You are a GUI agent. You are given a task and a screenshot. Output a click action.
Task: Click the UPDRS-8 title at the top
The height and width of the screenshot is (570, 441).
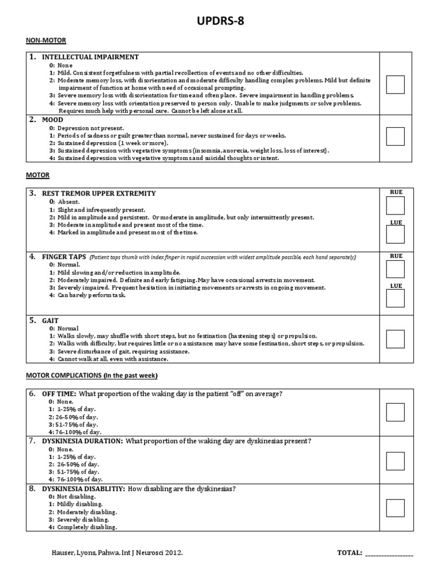pyautogui.click(x=220, y=22)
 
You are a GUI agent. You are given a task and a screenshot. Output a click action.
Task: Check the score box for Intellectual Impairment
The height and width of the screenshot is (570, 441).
pyautogui.click(x=395, y=84)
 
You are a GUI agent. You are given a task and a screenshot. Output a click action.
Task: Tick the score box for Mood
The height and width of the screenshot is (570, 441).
pyautogui.click(x=395, y=136)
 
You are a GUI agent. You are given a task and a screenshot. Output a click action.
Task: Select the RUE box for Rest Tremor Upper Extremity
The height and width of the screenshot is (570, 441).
pyautogui.click(x=395, y=206)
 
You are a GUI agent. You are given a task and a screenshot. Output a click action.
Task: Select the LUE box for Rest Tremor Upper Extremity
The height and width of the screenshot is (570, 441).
pyautogui.click(x=395, y=235)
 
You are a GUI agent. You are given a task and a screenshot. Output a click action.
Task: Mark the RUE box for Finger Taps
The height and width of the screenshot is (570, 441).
pyautogui.click(x=395, y=269)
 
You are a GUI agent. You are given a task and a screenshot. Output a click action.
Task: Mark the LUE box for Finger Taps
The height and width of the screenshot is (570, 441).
pyautogui.click(x=395, y=298)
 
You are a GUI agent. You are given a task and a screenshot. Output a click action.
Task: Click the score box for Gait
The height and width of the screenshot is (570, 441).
pyautogui.click(x=395, y=339)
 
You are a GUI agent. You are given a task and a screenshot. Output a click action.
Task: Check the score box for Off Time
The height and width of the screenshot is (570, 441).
pyautogui.click(x=395, y=412)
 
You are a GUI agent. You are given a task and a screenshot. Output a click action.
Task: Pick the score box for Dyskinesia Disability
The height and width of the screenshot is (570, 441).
pyautogui.click(x=395, y=507)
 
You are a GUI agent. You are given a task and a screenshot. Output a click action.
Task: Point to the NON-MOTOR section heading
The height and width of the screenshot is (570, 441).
pyautogui.click(x=46, y=40)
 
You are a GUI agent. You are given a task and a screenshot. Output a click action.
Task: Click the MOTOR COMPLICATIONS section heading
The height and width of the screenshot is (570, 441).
pyautogui.click(x=92, y=376)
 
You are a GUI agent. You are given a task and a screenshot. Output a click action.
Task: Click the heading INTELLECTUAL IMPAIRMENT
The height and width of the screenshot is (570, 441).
pyautogui.click(x=90, y=57)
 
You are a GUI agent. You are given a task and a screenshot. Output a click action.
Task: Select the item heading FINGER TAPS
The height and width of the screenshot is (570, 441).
pyautogui.click(x=65, y=257)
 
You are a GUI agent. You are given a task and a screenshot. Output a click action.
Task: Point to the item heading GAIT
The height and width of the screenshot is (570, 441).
pyautogui.click(x=51, y=321)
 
